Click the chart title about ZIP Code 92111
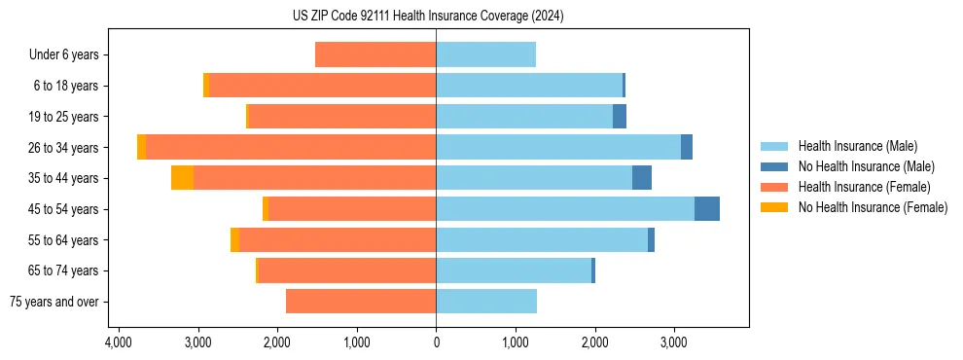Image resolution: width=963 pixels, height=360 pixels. pos(435,17)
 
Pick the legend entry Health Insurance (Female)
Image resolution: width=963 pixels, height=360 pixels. pos(857,187)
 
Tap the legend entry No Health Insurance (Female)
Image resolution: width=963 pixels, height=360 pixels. pos(872,207)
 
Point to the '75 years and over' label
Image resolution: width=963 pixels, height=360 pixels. pos(54,302)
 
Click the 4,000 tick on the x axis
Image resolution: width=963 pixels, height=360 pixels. pos(118,343)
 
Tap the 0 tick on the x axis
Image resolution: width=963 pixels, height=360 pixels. pos(436,343)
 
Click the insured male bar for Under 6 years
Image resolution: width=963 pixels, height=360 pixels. pos(485,55)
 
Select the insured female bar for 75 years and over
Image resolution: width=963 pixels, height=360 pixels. pos(361,302)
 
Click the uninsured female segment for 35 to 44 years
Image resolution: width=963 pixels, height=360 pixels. pos(182,178)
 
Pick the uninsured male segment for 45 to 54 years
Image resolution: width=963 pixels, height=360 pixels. pos(707,209)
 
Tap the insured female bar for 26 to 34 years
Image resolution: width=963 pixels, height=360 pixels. pos(291,148)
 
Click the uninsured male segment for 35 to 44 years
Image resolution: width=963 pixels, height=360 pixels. pos(642,178)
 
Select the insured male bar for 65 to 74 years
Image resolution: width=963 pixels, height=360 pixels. pos(514,270)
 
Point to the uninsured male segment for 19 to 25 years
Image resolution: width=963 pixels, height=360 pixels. pos(620,117)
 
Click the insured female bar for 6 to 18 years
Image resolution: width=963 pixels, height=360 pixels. pos(322,86)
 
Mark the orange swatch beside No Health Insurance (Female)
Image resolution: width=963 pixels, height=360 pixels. pos(774,207)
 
